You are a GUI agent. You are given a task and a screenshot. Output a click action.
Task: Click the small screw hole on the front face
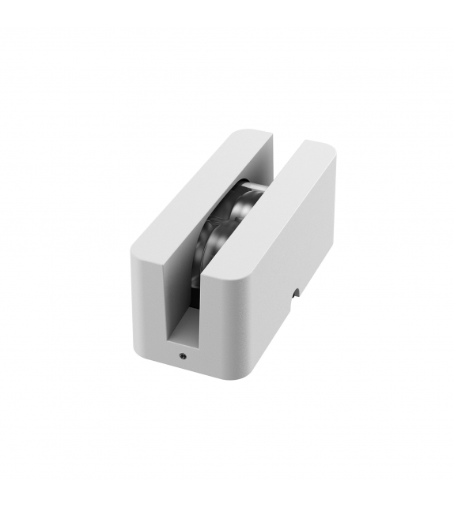[183, 355]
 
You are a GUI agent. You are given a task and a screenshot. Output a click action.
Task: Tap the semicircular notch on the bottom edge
[296, 294]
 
